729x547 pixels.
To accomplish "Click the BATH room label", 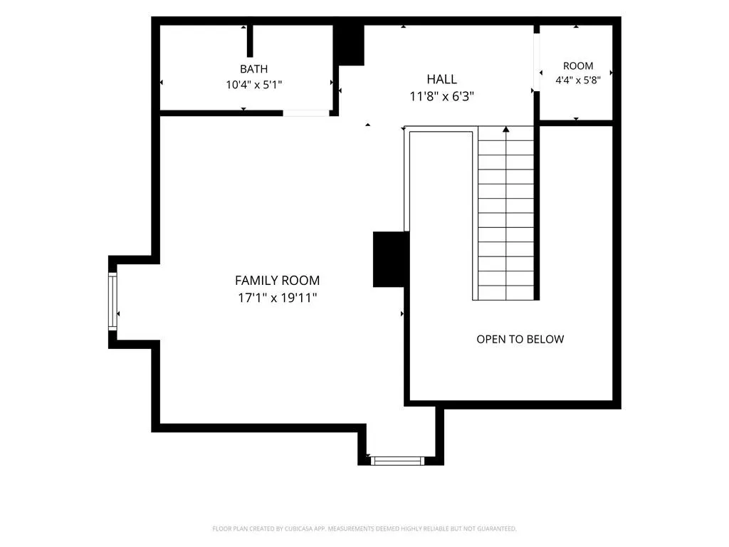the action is pos(254,69).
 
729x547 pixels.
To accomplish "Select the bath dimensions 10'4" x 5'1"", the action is pos(254,85).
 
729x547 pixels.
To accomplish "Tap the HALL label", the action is pos(441,79).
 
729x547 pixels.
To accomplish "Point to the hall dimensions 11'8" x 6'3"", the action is pos(441,96).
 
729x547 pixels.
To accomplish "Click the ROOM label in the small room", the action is pos(578,66).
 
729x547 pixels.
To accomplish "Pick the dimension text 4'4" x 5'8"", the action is pos(578,80).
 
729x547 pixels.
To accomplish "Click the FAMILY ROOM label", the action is pos(277,281).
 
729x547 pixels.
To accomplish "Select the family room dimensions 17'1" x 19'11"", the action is pos(277,298).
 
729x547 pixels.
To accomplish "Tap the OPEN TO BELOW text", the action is pos(520,339).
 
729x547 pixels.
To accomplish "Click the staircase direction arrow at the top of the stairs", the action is pos(506,130).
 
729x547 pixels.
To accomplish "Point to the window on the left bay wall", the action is pos(112,301).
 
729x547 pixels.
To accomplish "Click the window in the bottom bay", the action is pos(397,461).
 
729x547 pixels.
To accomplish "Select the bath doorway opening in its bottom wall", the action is pos(306,113).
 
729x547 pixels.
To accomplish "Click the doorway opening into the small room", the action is pos(537,63).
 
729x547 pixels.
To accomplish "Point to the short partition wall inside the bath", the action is pos(250,41).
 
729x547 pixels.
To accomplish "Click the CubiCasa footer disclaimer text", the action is pos(364,528).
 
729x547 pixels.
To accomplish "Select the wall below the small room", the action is pos(576,123).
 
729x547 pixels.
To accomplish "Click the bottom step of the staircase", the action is pos(506,293).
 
